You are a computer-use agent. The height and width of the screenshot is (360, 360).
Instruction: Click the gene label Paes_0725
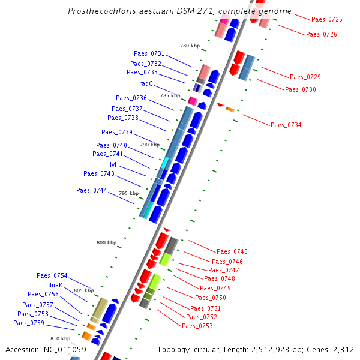pyautogui.click(x=327, y=20)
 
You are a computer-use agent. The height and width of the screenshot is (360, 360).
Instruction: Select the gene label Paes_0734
pyautogui.click(x=286, y=125)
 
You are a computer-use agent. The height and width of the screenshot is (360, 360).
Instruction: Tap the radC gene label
pyautogui.click(x=146, y=83)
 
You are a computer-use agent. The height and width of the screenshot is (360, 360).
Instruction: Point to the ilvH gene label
pyautogui.click(x=113, y=164)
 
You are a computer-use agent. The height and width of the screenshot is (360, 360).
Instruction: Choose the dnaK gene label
pyautogui.click(x=56, y=285)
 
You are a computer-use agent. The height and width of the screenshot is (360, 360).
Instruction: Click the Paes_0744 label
pyautogui.click(x=92, y=190)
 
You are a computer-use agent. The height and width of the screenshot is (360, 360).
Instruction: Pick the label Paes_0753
pyautogui.click(x=197, y=326)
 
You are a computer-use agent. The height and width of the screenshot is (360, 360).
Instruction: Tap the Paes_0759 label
pyautogui.click(x=29, y=323)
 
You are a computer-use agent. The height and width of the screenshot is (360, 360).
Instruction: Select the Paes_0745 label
pyautogui.click(x=232, y=251)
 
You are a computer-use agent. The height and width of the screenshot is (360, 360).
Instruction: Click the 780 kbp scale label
pyautogui.click(x=190, y=46)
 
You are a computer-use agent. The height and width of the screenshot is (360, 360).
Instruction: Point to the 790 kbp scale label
pyautogui.click(x=149, y=145)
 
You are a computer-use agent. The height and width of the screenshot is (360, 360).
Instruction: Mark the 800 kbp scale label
pyautogui.click(x=106, y=242)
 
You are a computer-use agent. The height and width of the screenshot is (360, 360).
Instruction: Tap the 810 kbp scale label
pyautogui.click(x=60, y=339)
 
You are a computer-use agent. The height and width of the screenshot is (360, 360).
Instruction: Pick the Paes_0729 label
pyautogui.click(x=305, y=77)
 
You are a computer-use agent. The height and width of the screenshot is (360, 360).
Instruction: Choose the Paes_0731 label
pyautogui.click(x=149, y=54)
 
